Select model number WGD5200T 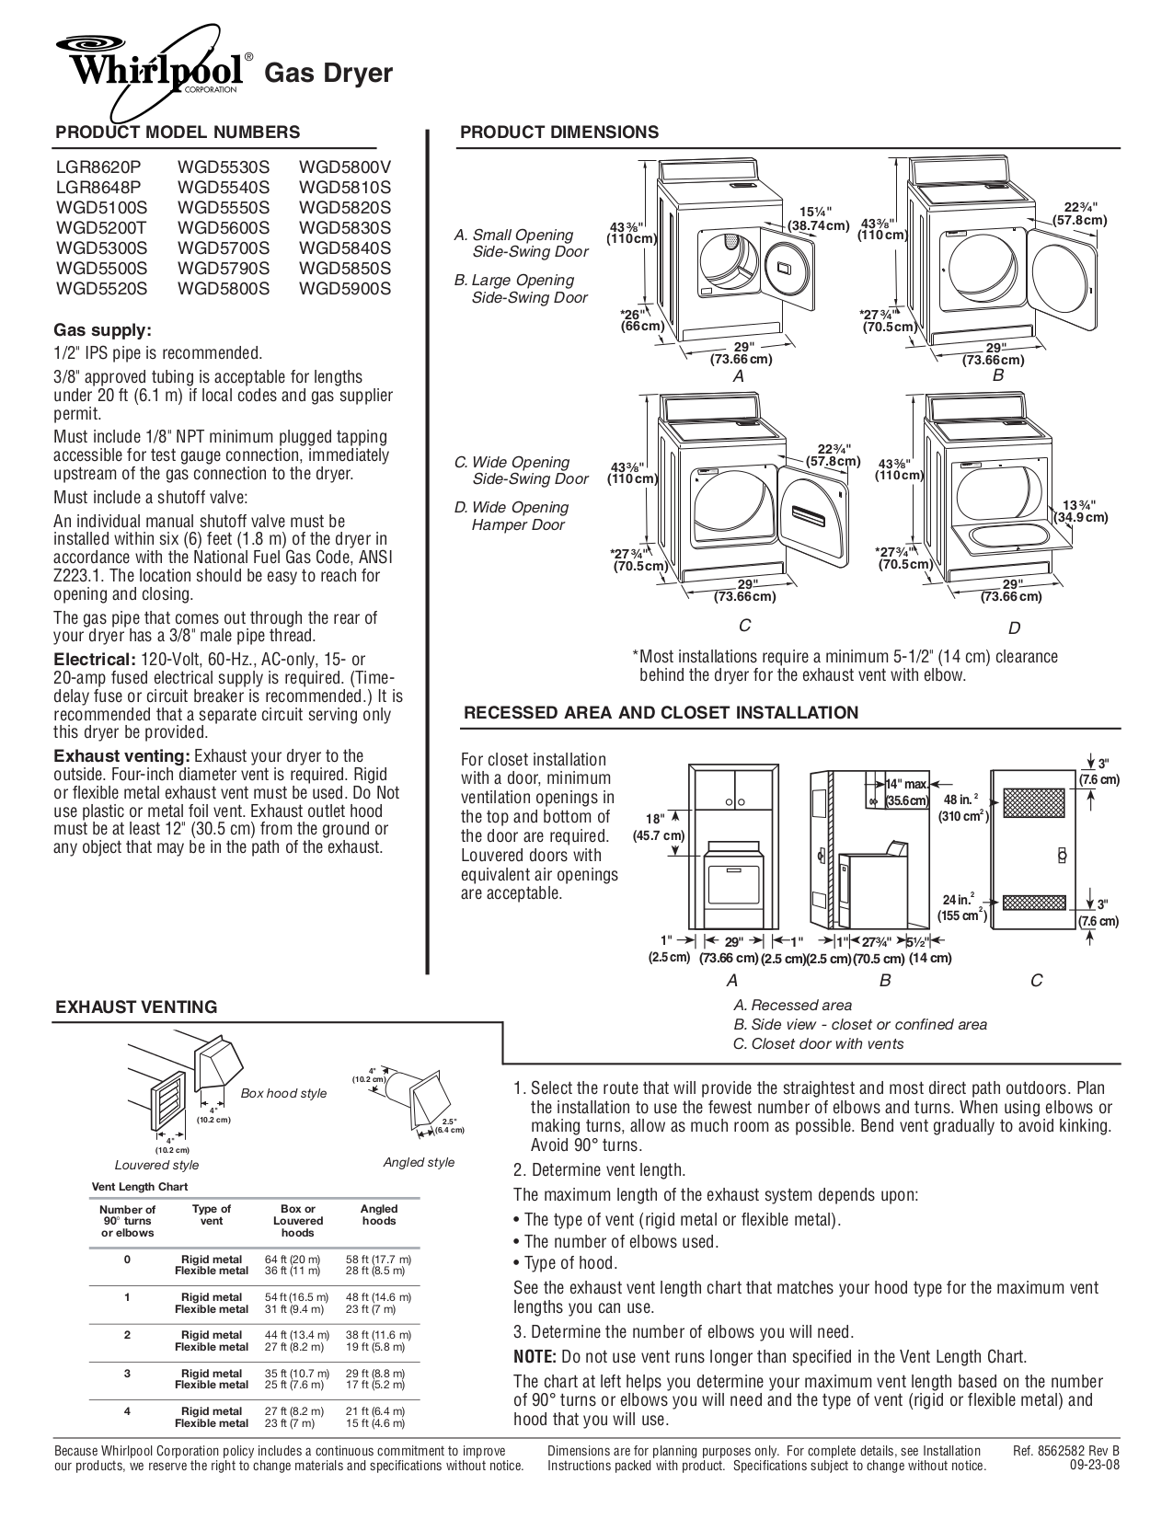[x=94, y=228]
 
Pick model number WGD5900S [x=345, y=289]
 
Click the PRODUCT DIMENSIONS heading [x=559, y=132]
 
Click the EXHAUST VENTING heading [x=136, y=1007]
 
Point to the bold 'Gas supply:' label [x=102, y=330]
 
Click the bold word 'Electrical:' [x=94, y=660]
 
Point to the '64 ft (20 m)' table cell [x=293, y=1260]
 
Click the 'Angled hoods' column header [x=378, y=1214]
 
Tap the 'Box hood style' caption [x=283, y=1093]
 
